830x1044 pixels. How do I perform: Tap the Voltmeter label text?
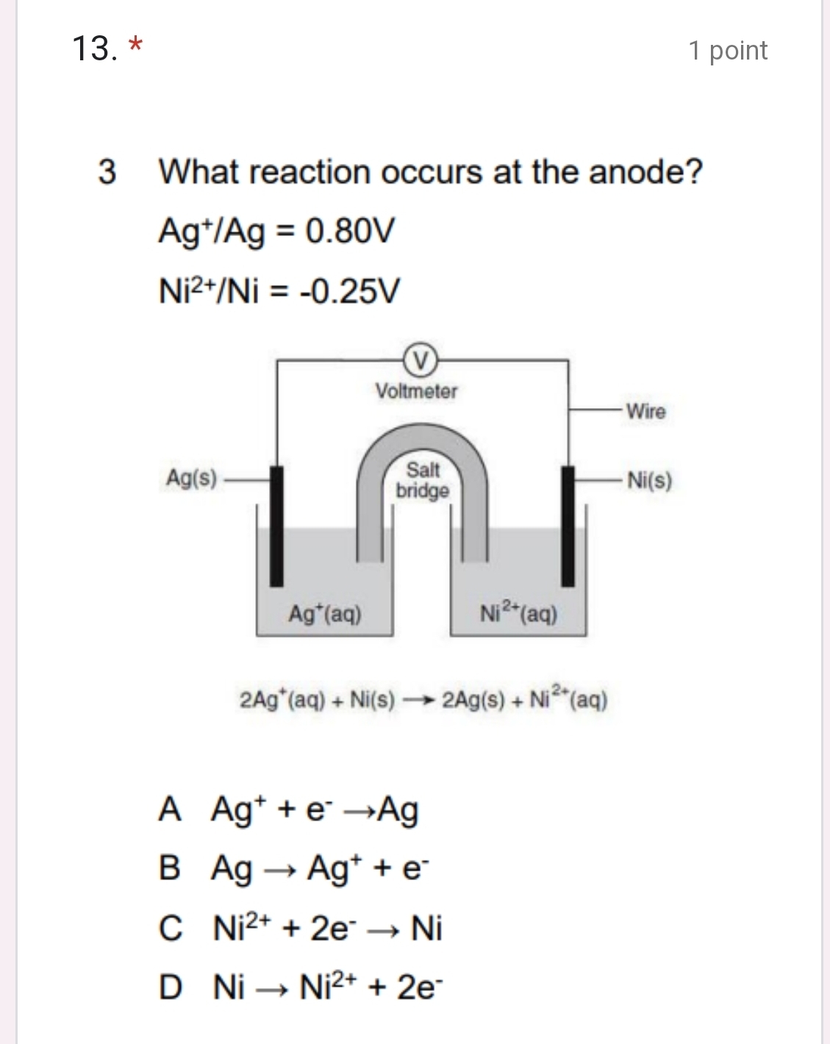[416, 391]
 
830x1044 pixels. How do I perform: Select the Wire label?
[645, 411]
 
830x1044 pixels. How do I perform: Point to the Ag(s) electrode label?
[191, 479]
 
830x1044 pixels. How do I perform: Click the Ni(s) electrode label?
[649, 481]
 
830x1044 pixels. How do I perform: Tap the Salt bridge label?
[423, 479]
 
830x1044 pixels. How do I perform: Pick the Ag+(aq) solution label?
[325, 613]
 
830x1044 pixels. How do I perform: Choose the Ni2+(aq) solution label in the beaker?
[518, 612]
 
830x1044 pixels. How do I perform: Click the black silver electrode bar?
[276, 526]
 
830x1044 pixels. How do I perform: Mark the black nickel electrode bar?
[568, 526]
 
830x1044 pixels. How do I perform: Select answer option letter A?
[169, 809]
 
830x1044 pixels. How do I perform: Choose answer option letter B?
[169, 868]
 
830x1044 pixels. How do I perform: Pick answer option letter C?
[170, 928]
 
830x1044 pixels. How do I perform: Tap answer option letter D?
[170, 987]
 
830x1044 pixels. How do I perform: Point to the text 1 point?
[728, 50]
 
